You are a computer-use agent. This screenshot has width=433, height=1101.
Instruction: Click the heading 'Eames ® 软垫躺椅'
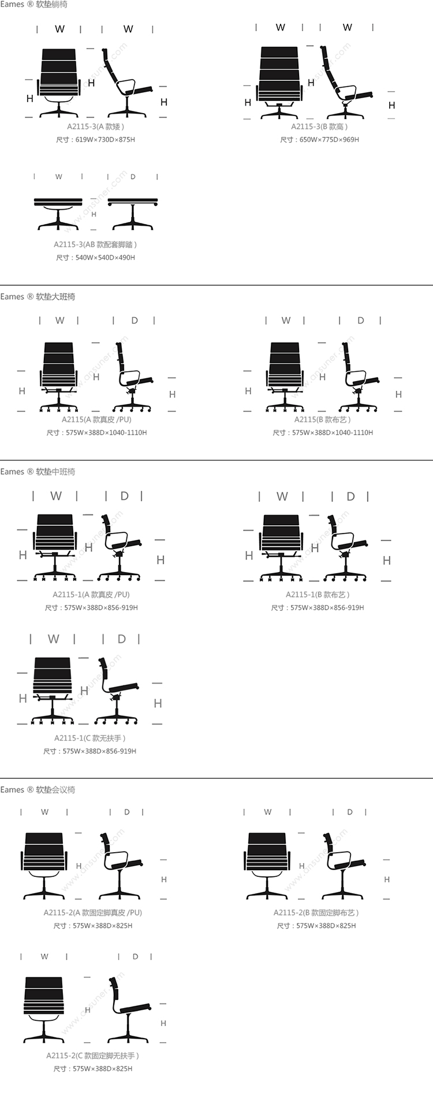(x=33, y=5)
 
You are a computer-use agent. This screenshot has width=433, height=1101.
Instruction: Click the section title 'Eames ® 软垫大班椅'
(x=38, y=297)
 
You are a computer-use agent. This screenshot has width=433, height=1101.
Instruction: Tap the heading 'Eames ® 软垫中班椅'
(x=38, y=472)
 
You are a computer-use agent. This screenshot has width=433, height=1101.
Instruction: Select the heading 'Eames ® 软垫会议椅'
(x=38, y=790)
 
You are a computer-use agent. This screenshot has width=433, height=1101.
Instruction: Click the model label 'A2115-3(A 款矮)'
(x=96, y=126)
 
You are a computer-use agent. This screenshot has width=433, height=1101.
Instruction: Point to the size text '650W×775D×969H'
(x=329, y=140)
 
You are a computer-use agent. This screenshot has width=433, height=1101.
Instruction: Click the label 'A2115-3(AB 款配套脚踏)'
(x=96, y=245)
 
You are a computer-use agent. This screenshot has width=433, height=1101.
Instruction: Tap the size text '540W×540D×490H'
(x=105, y=257)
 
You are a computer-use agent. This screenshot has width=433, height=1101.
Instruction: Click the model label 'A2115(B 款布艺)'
(x=323, y=420)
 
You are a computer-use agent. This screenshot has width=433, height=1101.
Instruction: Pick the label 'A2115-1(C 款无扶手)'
(x=90, y=738)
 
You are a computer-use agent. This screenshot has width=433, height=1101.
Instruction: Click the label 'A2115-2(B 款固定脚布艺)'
(x=316, y=913)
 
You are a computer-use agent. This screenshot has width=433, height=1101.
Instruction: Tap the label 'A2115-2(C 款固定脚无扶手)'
(x=93, y=1055)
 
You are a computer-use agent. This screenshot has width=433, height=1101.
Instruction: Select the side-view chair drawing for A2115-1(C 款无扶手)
(x=117, y=691)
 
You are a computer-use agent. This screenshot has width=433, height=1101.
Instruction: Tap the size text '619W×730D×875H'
(x=105, y=140)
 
